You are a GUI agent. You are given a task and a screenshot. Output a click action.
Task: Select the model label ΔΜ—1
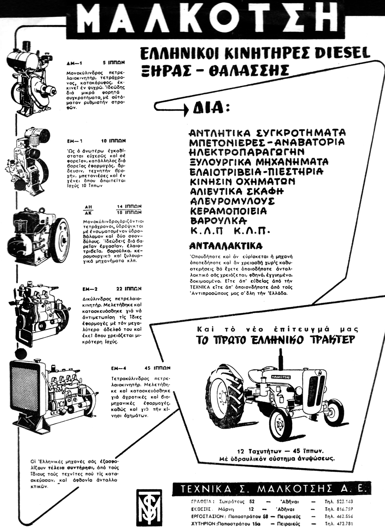tap(72, 63)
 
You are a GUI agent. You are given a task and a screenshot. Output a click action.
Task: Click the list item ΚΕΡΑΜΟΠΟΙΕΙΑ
tap(228, 211)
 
